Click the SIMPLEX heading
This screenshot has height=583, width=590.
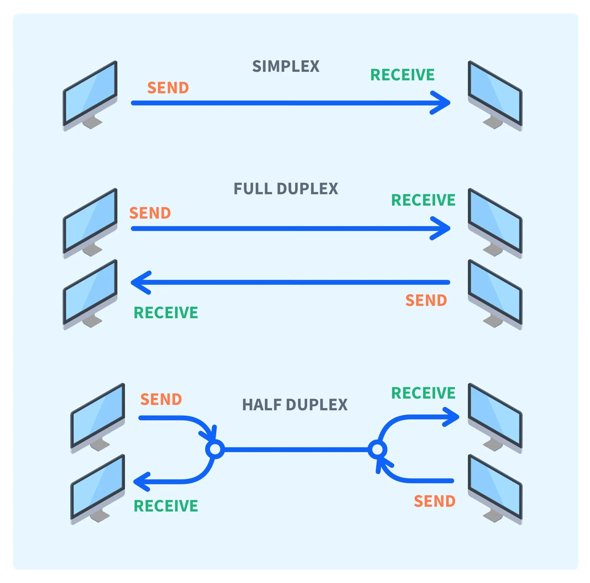(286, 67)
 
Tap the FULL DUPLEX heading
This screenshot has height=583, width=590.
(286, 189)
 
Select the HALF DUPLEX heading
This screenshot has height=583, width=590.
(295, 405)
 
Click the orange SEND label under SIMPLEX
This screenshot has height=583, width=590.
(168, 88)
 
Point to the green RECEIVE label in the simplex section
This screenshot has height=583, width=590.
(402, 75)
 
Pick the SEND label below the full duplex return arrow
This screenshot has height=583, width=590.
(426, 301)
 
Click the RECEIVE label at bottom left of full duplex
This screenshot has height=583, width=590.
(166, 313)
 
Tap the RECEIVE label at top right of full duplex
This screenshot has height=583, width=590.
(423, 200)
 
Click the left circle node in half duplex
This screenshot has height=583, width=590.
(215, 449)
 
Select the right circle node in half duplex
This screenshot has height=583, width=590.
(377, 449)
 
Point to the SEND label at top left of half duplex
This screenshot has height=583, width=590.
(161, 400)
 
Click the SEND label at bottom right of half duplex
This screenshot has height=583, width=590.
(435, 501)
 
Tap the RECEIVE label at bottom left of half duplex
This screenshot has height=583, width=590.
(166, 506)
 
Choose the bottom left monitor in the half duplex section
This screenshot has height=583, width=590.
(98, 487)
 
